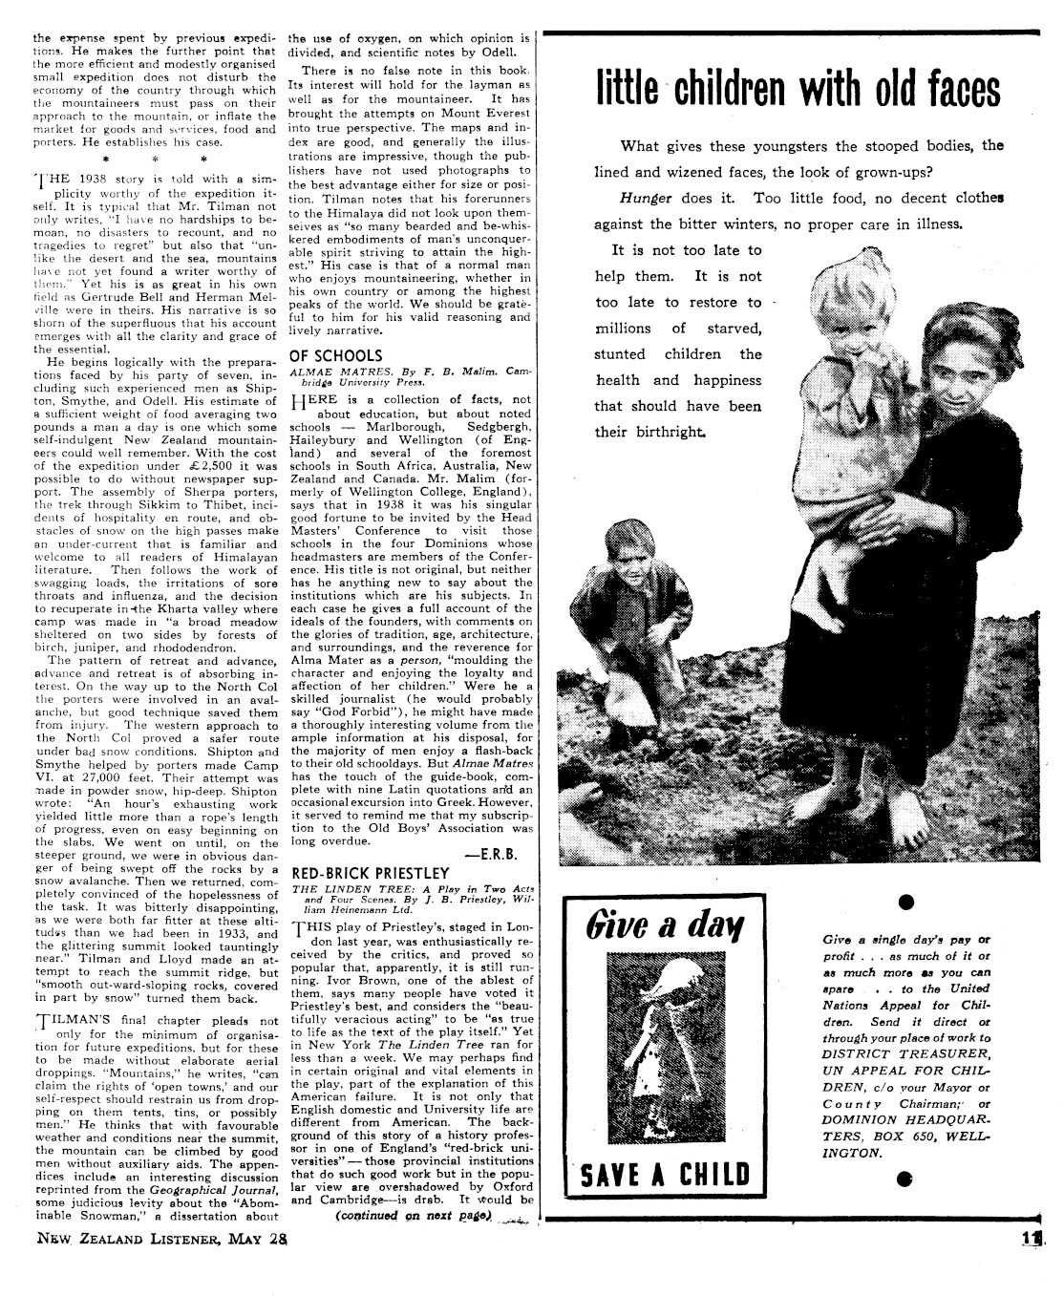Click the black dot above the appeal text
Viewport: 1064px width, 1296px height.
(x=906, y=901)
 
